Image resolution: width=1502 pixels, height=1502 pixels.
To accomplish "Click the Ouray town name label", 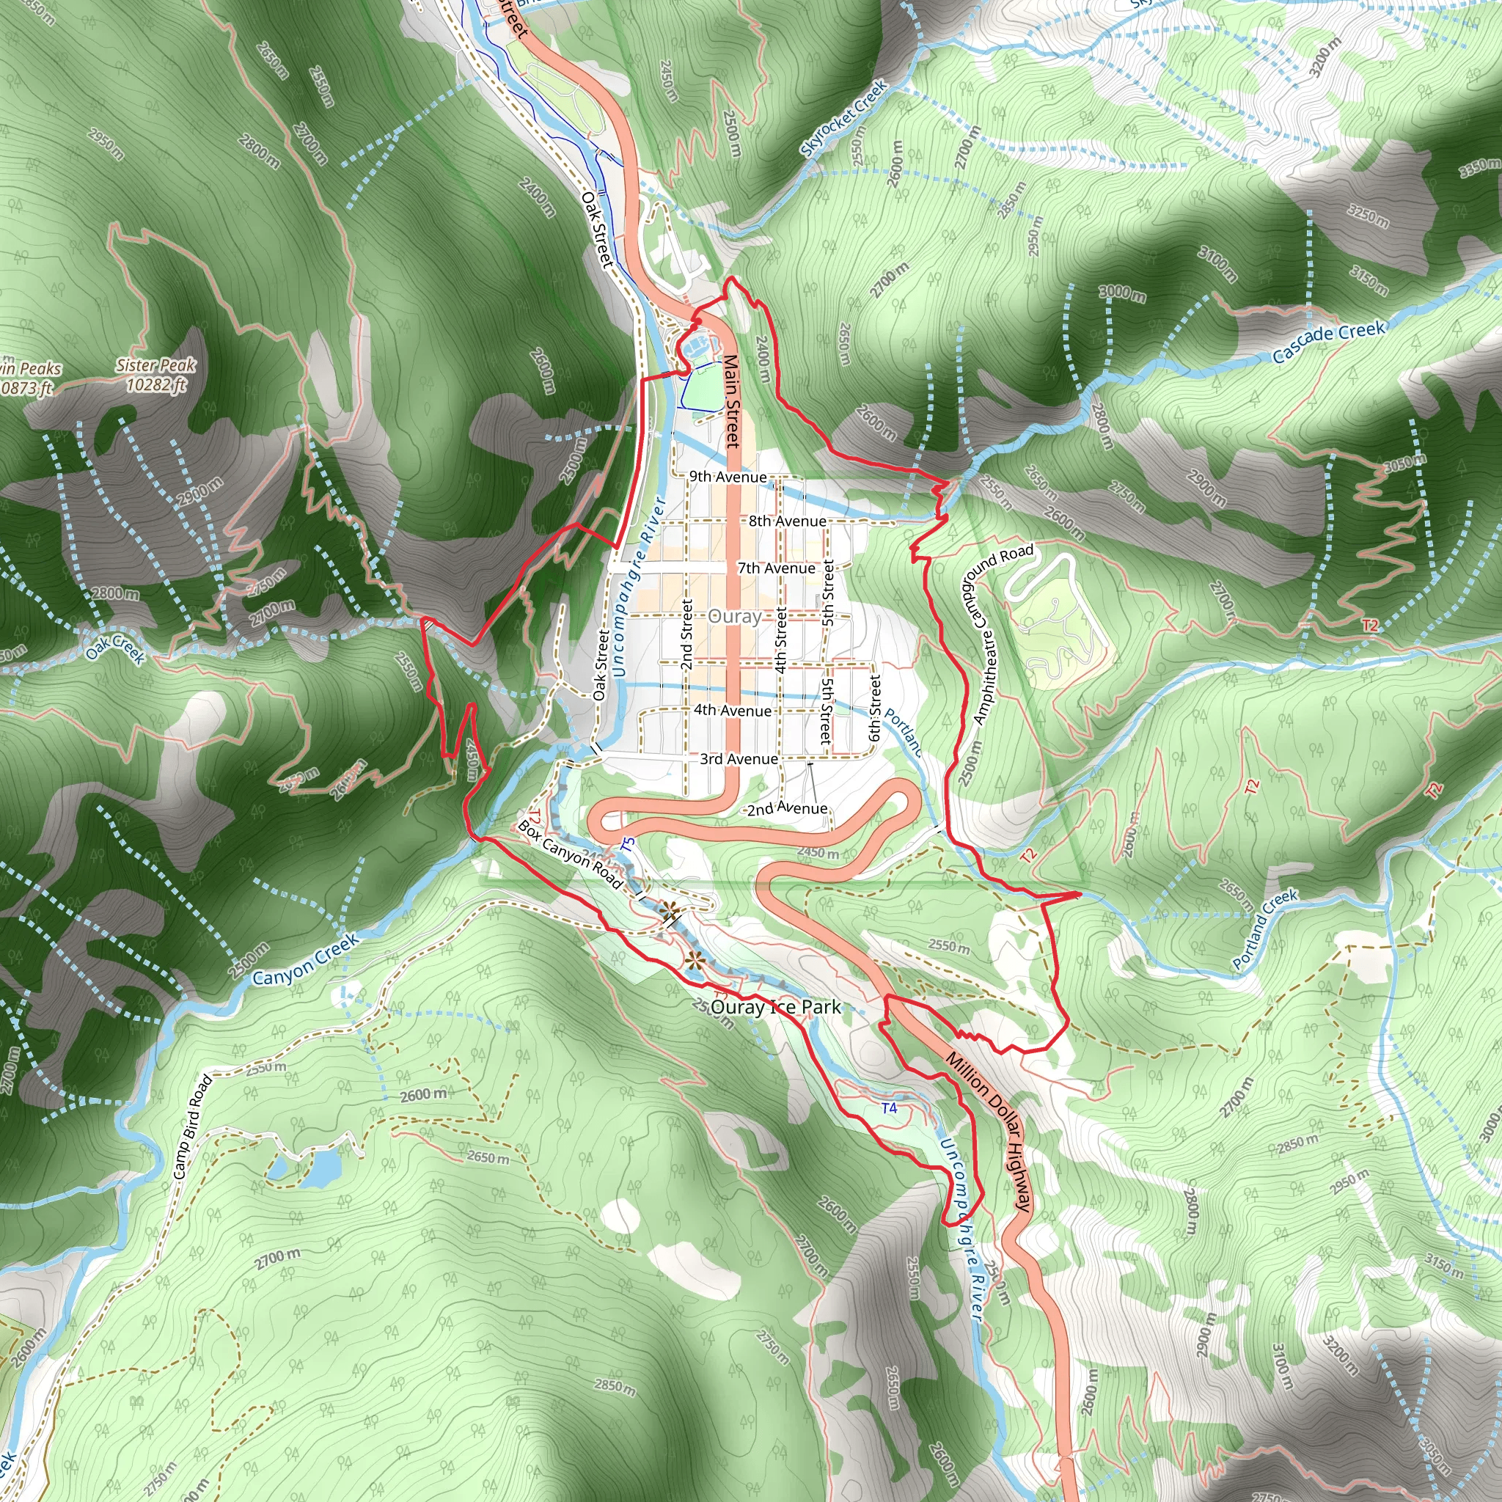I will [734, 617].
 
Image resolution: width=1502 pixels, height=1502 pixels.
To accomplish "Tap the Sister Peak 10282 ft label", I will [156, 375].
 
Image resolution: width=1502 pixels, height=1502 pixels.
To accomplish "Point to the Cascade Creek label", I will [1329, 341].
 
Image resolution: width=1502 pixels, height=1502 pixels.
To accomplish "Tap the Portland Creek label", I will [1265, 928].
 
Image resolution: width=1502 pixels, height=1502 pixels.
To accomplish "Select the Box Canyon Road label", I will [570, 854].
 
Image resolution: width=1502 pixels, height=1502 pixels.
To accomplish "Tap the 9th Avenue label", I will [728, 477].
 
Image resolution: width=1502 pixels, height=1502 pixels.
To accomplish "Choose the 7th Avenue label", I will [776, 568].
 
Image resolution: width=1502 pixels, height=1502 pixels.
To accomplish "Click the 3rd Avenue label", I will [739, 759].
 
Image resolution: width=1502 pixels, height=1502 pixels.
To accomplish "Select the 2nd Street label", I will [686, 634].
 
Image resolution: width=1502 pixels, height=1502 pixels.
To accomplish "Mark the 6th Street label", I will [876, 708].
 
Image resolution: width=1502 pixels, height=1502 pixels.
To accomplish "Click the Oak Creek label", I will [116, 648].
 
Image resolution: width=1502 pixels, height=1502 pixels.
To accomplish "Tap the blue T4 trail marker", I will [890, 1108].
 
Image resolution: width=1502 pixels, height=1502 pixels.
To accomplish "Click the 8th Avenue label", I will [787, 521].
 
